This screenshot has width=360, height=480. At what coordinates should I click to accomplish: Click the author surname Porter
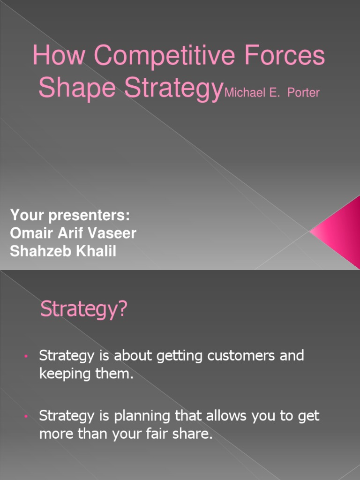[x=303, y=92]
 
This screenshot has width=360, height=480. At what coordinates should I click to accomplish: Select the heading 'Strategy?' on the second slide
[x=84, y=310]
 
